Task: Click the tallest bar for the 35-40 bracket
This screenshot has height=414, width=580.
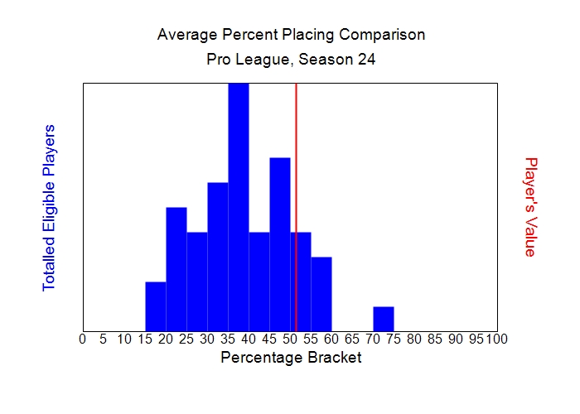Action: point(239,207)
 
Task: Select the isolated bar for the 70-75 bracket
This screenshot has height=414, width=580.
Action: point(384,319)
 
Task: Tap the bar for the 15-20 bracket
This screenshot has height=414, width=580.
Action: point(156,306)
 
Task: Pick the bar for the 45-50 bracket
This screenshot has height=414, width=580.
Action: point(280,244)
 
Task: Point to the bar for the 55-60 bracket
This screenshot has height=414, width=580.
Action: point(321,294)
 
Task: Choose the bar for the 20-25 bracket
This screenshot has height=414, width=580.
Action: point(176,269)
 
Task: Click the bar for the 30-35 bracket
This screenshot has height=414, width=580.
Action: point(218,257)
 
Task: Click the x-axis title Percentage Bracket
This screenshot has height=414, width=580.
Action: point(291,358)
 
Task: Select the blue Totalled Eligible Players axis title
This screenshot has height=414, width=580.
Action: point(49,207)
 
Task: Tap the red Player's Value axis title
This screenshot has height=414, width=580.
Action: point(530,207)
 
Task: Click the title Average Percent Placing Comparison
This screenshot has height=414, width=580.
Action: point(291,36)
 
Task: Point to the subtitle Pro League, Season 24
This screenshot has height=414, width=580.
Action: point(291,60)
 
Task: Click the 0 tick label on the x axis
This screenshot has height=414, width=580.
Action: point(82,339)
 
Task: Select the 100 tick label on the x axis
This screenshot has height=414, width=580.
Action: point(496,339)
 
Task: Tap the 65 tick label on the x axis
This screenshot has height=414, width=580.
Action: point(352,339)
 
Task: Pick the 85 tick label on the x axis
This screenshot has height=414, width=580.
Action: point(435,339)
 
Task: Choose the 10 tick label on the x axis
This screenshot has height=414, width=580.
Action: point(124,339)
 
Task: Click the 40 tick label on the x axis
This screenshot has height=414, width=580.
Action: point(249,339)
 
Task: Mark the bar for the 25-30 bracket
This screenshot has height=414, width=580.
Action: point(197,282)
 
